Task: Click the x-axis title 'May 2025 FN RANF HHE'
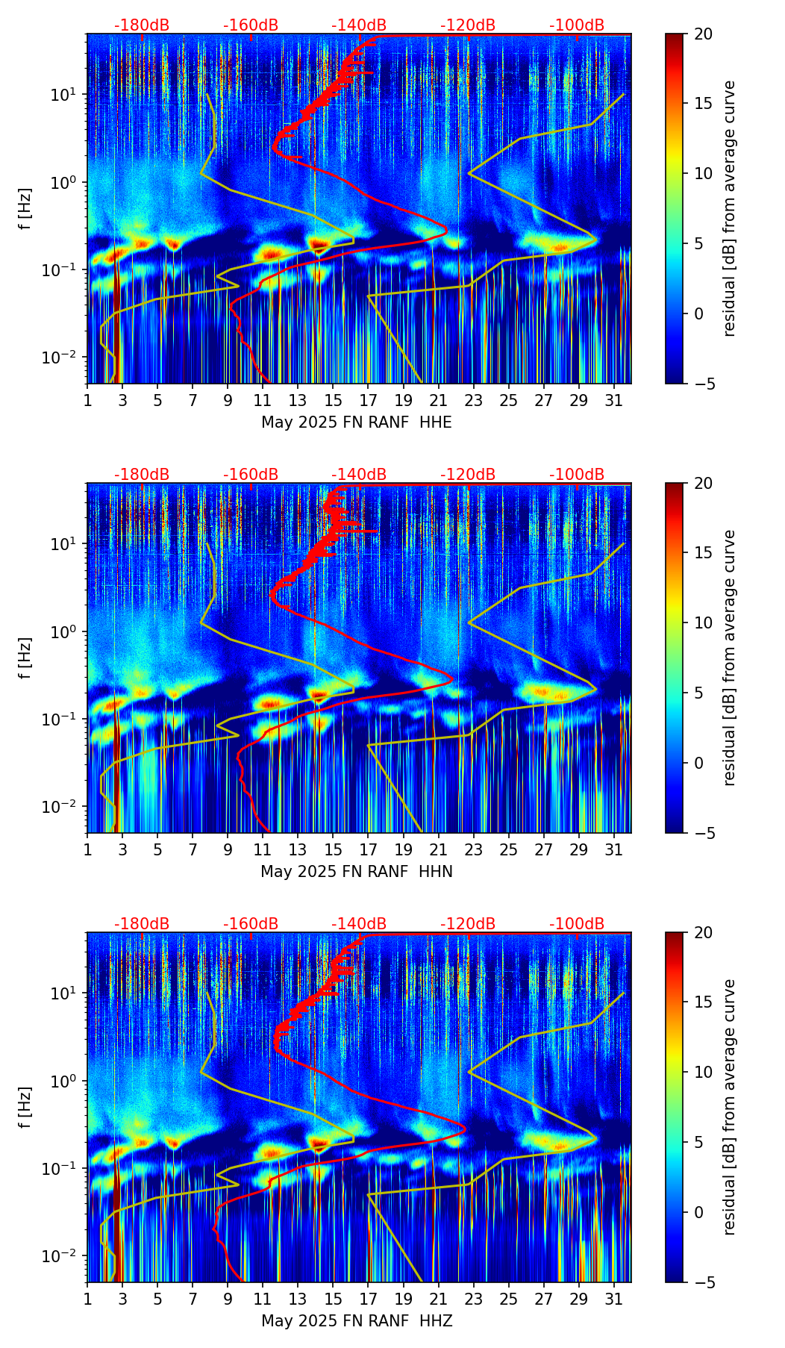(356, 422)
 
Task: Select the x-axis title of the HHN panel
(356, 872)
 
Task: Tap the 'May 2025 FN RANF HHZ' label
(356, 1321)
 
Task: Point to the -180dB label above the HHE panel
(142, 25)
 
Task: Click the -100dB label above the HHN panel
(577, 475)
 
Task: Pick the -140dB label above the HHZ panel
(359, 924)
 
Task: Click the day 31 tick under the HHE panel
(613, 400)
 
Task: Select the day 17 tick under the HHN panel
(369, 849)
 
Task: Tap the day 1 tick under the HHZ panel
(87, 1299)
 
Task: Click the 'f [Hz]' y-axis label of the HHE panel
(25, 209)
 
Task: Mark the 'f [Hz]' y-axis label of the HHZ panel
(25, 1108)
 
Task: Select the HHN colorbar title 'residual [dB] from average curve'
(729, 658)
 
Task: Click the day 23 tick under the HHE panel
(474, 400)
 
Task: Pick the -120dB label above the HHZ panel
(468, 924)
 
